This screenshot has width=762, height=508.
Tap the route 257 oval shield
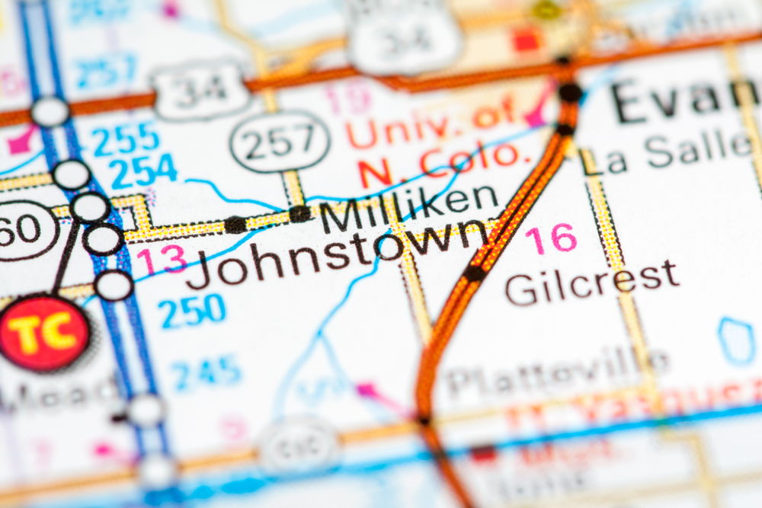280,141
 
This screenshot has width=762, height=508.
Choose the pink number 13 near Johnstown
161,260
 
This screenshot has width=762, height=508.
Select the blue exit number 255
126,139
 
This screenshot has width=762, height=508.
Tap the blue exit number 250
192,311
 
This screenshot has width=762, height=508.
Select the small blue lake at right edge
736,340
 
